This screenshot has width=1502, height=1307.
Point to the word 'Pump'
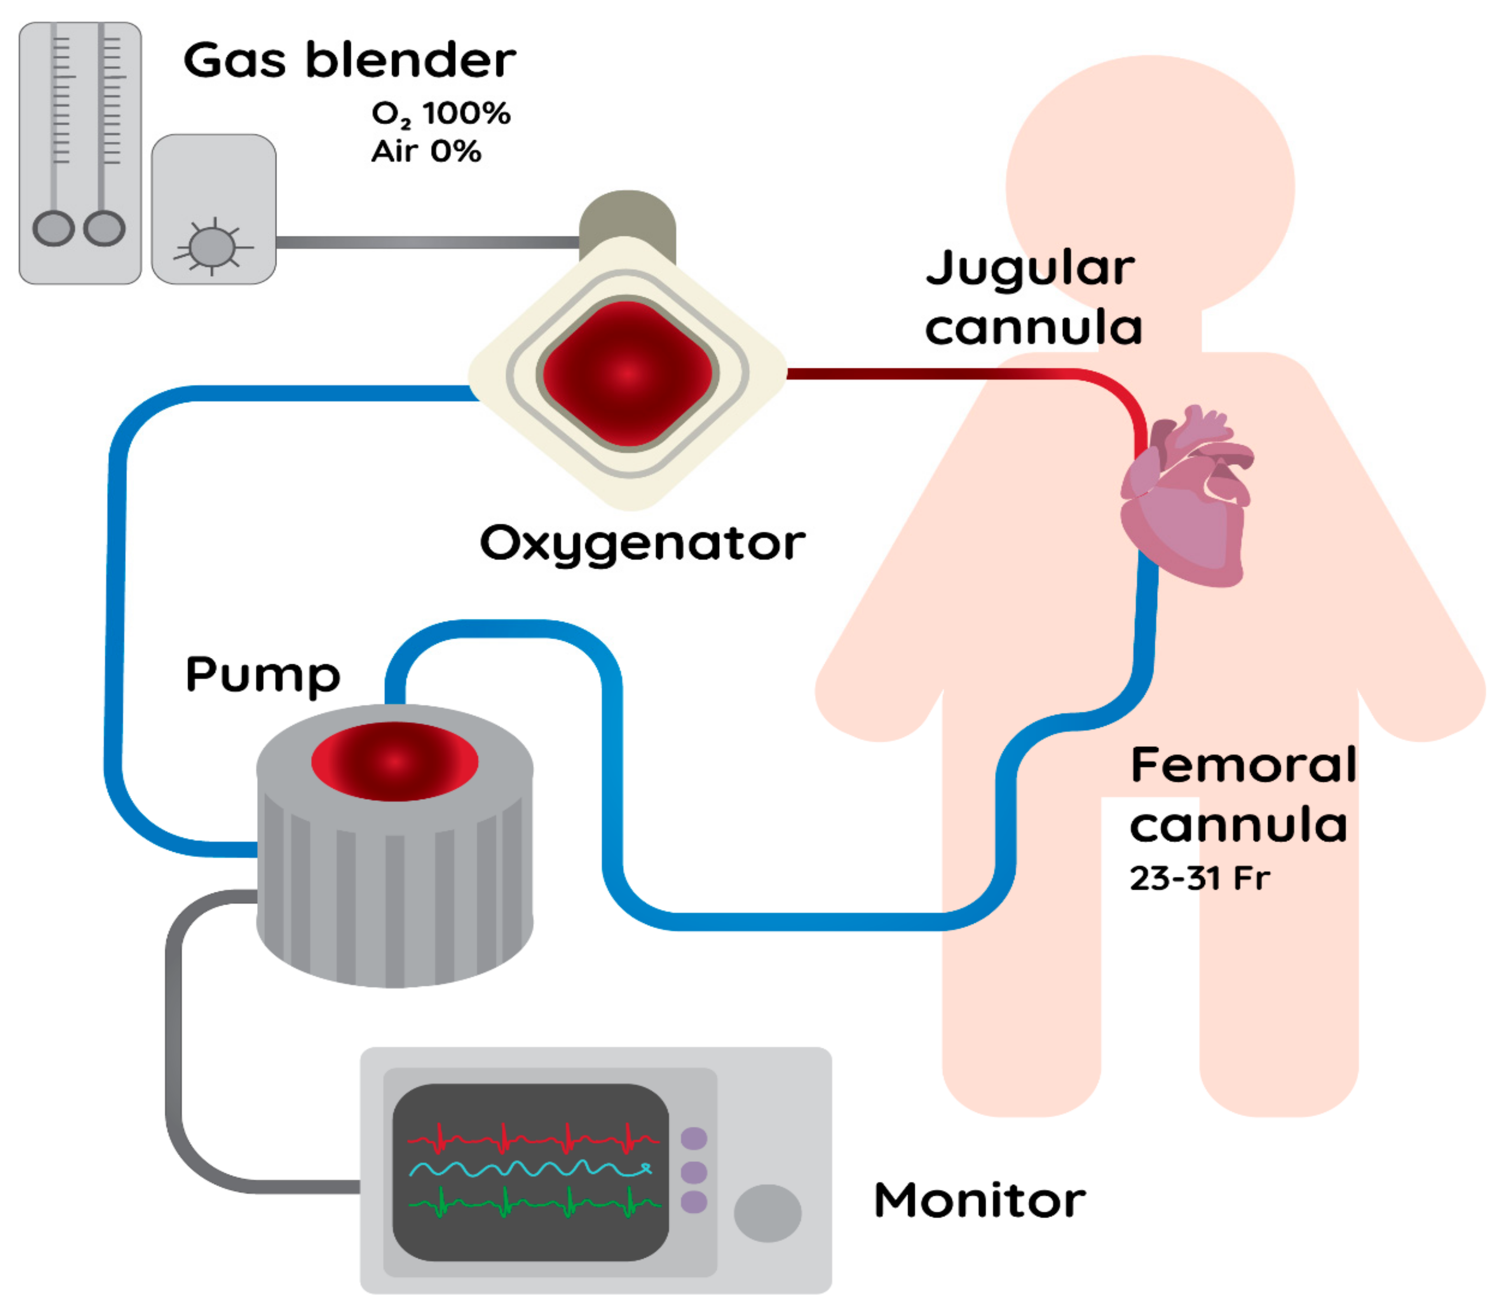point(263,675)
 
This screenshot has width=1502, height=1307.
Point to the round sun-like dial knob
point(212,246)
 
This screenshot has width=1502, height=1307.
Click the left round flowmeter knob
point(53,228)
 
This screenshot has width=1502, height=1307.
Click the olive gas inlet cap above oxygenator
point(627,215)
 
